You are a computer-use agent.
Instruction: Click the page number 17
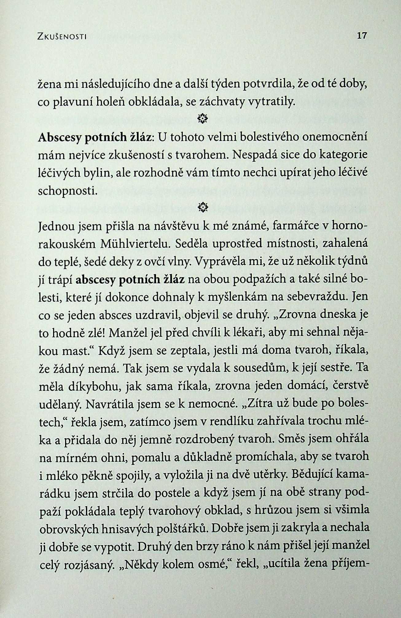point(362,36)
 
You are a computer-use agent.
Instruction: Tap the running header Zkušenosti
point(62,37)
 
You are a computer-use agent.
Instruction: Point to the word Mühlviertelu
point(134,244)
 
